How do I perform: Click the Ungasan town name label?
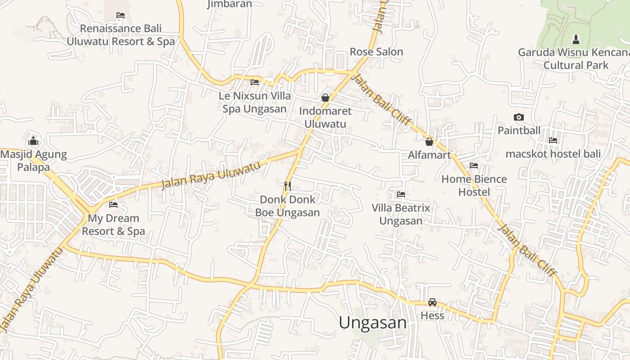pyautogui.click(x=373, y=323)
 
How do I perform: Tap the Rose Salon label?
pyautogui.click(x=376, y=52)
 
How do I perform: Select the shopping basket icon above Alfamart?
pyautogui.click(x=429, y=142)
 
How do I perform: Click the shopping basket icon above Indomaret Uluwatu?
pyautogui.click(x=325, y=98)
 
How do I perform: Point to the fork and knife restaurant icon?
pyautogui.click(x=287, y=186)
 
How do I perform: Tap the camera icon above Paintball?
pyautogui.click(x=519, y=117)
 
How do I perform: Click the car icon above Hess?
pyautogui.click(x=432, y=302)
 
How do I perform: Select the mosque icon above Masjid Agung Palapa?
pyautogui.click(x=33, y=141)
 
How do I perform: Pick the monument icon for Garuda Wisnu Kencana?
pyautogui.click(x=576, y=39)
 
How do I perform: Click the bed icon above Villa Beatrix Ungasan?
pyautogui.click(x=401, y=194)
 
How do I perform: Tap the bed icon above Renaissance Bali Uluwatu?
pyautogui.click(x=121, y=15)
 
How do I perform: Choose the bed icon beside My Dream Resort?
pyautogui.click(x=113, y=205)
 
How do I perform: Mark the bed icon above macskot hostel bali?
pyautogui.click(x=553, y=141)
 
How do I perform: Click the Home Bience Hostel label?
pyautogui.click(x=474, y=185)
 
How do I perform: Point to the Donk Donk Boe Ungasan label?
pyautogui.click(x=288, y=206)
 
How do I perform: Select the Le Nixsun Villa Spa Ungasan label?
pyautogui.click(x=255, y=102)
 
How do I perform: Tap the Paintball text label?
pyautogui.click(x=519, y=130)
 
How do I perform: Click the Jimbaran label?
pyautogui.click(x=229, y=4)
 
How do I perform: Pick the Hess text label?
pyautogui.click(x=432, y=315)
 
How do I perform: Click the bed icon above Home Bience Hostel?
pyautogui.click(x=474, y=166)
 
